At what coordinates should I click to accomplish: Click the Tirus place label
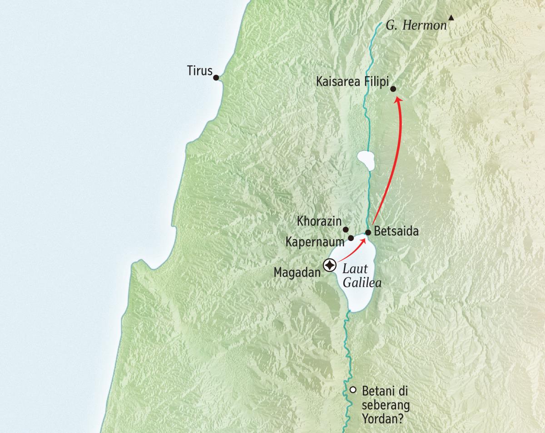tap(199, 71)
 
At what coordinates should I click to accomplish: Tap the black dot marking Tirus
tap(216, 78)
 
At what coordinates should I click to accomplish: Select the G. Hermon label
tap(416, 25)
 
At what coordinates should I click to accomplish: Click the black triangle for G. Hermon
tap(451, 18)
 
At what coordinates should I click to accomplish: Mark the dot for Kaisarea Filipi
tap(393, 89)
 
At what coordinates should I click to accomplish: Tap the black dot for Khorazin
tap(345, 230)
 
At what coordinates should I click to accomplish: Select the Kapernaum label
tap(314, 241)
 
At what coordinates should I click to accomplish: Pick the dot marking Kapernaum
tap(351, 238)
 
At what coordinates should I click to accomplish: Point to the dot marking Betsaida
tap(368, 232)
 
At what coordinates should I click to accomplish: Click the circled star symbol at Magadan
tap(329, 265)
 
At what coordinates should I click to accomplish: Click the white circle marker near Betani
tap(353, 389)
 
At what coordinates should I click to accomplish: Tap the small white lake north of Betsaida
tap(366, 160)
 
